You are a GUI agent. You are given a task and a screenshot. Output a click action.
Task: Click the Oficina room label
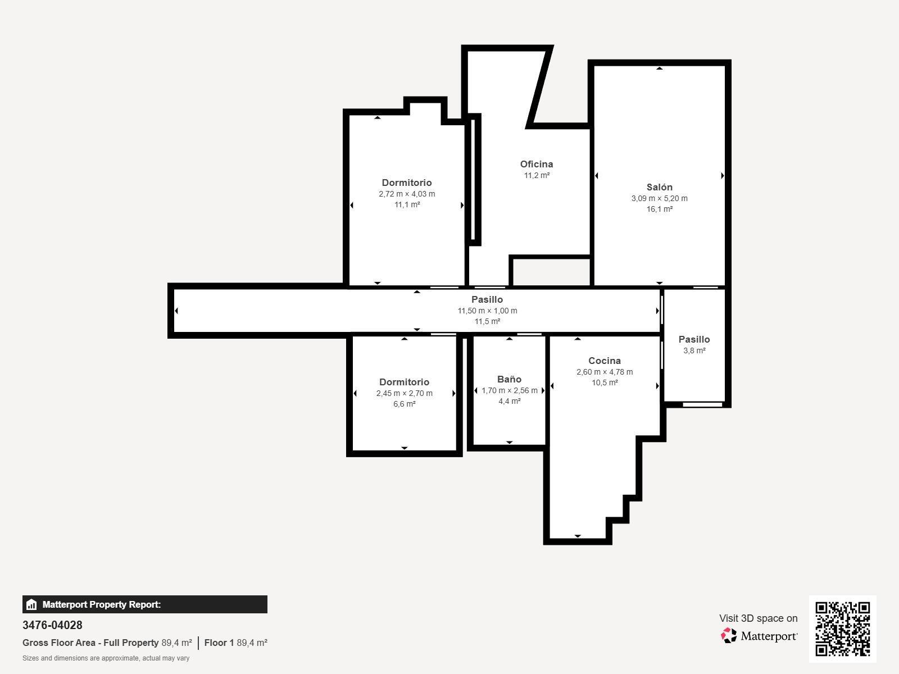click(537, 164)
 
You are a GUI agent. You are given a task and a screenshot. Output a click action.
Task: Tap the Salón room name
click(660, 187)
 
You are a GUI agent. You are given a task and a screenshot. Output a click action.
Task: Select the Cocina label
click(605, 361)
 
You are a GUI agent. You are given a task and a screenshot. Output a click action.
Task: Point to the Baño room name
click(510, 379)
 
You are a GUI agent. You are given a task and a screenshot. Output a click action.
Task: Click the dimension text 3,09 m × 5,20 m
click(660, 198)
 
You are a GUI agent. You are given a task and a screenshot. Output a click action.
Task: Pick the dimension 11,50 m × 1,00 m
click(487, 311)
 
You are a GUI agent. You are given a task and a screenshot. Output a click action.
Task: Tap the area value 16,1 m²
click(660, 209)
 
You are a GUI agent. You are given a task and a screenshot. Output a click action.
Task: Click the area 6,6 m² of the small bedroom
click(404, 404)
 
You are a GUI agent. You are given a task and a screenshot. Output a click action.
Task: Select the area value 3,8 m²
click(694, 350)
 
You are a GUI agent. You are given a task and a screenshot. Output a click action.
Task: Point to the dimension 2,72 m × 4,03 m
click(407, 194)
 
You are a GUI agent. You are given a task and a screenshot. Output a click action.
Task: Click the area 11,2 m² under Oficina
click(537, 175)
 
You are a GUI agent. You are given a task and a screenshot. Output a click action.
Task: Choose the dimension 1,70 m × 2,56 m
click(510, 390)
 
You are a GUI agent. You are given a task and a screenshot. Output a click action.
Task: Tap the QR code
click(842, 629)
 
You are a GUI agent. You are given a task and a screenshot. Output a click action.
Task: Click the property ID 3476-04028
click(52, 625)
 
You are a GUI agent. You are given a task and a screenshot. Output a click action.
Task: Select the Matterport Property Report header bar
click(144, 604)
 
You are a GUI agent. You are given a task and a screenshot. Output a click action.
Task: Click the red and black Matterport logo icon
click(729, 636)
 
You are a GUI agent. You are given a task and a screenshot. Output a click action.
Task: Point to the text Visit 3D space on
click(758, 618)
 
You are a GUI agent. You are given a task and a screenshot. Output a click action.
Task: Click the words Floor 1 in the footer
click(219, 643)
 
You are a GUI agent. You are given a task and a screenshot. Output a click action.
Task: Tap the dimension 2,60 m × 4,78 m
click(605, 372)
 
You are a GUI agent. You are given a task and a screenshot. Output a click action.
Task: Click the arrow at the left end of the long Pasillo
click(176, 311)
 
